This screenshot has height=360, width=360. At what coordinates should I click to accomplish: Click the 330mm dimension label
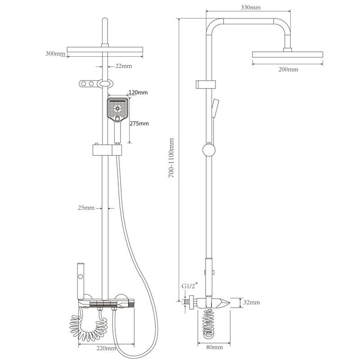pyautogui.click(x=251, y=8)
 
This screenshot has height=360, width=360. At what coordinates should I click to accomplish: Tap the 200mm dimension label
pyautogui.click(x=288, y=69)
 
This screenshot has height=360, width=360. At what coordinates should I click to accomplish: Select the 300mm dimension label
pyautogui.click(x=55, y=54)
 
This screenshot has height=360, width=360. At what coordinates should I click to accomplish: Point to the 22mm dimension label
pyautogui.click(x=123, y=66)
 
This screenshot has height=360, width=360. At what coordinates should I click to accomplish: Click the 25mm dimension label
pyautogui.click(x=86, y=208)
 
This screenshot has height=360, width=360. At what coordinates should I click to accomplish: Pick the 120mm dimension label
pyautogui.click(x=138, y=93)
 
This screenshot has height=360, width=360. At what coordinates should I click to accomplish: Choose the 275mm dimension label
pyautogui.click(x=139, y=123)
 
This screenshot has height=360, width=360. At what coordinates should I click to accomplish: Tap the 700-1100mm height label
pyautogui.click(x=171, y=157)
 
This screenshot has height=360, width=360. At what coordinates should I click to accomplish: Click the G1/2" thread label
pyautogui.click(x=189, y=286)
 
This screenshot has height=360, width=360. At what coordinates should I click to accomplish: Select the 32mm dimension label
pyautogui.click(x=252, y=302)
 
